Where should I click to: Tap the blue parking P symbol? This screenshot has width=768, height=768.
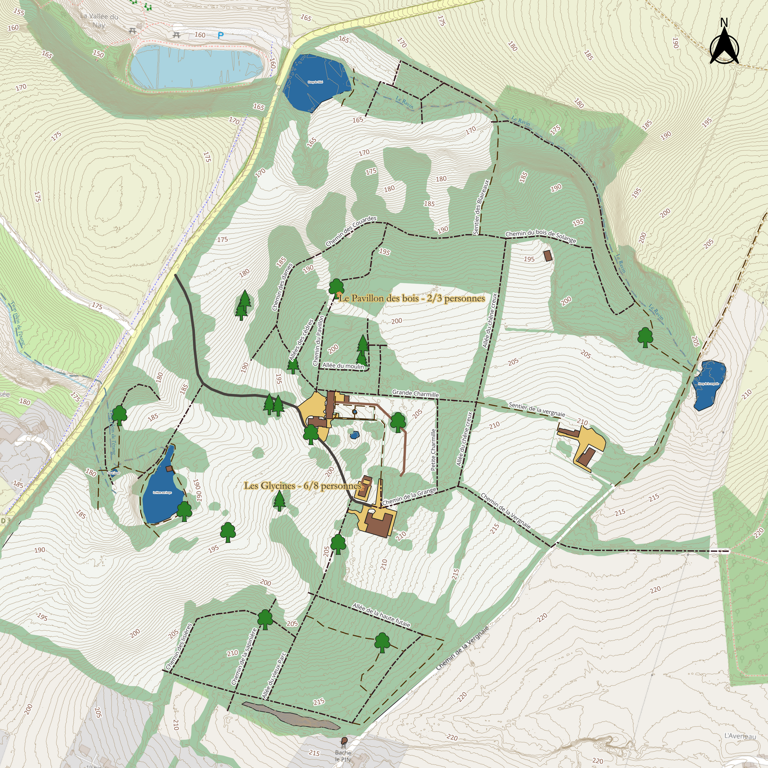coord(220,36)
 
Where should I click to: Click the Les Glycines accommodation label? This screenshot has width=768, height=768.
coord(302,486)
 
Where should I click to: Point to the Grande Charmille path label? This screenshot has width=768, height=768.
coord(415,394)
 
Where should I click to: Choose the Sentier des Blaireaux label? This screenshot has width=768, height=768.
coord(481,207)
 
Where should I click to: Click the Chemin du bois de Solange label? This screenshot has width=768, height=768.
coord(540,236)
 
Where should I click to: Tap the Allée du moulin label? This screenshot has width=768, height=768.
coord(343,366)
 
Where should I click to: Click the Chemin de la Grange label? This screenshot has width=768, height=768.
coord(409,497)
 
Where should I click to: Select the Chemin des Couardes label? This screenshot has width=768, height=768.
coord(351,231)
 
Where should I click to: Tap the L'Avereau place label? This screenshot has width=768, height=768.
coord(740,736)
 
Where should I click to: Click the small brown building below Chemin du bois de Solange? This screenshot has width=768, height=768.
coord(548,256)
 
